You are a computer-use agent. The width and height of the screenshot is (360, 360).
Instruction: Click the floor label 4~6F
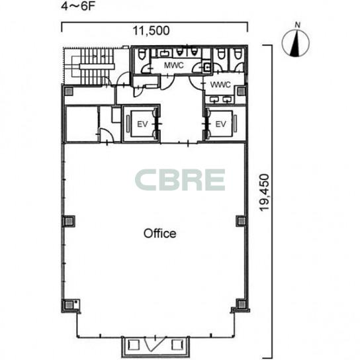click(78, 6)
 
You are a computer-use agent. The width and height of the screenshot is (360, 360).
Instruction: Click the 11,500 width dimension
click(152, 30)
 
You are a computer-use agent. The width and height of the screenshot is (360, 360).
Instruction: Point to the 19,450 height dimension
click(264, 192)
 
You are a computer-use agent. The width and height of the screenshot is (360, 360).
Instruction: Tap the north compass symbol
click(296, 43)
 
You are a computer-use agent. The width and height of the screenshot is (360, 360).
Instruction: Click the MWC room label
click(174, 66)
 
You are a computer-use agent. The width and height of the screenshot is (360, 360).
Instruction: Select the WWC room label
click(220, 85)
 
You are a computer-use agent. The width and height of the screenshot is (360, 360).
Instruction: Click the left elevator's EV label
click(142, 124)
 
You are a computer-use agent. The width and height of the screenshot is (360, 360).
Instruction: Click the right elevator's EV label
click(220, 124)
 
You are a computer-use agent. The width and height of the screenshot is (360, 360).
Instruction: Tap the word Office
click(160, 234)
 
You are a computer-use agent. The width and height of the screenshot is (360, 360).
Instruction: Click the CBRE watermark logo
click(180, 180)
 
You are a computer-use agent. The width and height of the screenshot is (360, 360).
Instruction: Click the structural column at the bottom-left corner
click(69, 305)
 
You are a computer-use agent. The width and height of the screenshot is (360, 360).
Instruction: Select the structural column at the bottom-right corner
click(242, 304)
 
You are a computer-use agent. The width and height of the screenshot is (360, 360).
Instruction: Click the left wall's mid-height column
click(69, 221)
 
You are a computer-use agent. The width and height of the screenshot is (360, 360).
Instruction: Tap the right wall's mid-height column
click(242, 221)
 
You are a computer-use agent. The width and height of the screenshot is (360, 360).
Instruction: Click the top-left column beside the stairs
click(69, 91)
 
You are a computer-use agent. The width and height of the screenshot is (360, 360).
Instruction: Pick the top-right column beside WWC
click(242, 91)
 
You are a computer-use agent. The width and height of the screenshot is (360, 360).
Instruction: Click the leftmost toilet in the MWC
click(142, 55)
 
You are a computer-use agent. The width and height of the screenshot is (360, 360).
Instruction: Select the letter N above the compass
click(298, 24)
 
